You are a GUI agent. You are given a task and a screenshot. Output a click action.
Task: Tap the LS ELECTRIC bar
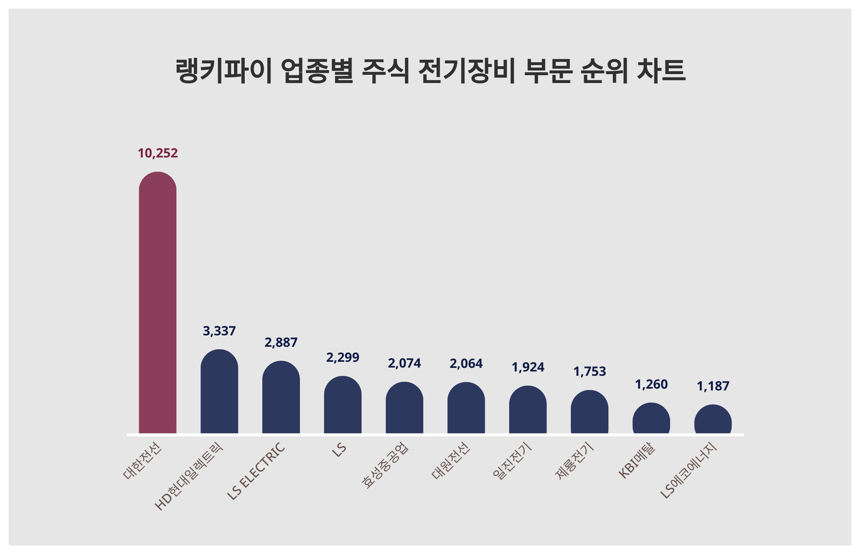click(281, 397)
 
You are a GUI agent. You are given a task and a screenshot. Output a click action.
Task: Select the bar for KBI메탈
click(651, 418)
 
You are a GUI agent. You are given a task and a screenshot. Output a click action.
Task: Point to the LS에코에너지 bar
click(713, 419)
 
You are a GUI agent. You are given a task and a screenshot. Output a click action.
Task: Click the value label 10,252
click(157, 153)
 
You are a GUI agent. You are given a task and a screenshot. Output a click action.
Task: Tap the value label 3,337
click(219, 331)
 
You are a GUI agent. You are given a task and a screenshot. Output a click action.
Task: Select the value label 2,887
click(281, 342)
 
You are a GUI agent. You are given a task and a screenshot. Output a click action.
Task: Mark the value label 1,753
click(589, 371)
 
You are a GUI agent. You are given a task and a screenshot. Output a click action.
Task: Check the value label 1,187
click(713, 387)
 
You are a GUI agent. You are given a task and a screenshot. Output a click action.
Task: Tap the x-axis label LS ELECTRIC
click(256, 471)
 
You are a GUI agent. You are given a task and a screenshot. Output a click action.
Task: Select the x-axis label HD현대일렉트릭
click(189, 476)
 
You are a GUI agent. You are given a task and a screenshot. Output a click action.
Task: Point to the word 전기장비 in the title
click(467, 71)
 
